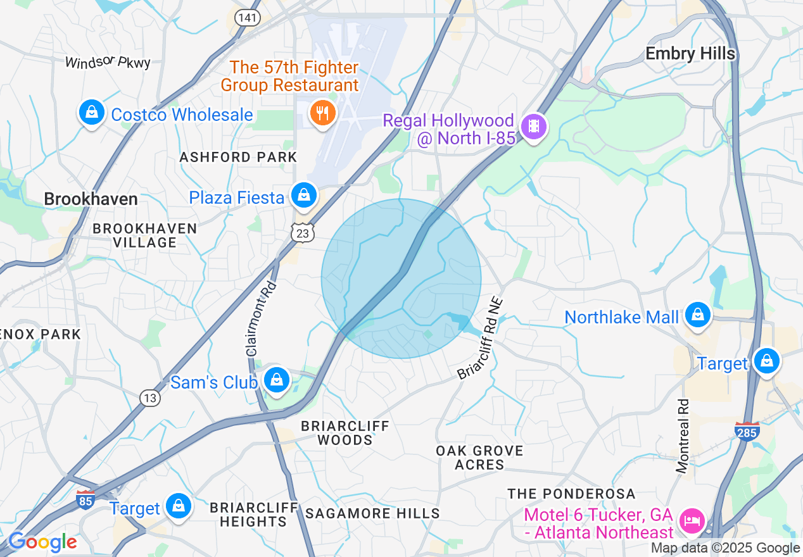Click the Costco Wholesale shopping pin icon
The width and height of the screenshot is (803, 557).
coord(92,113)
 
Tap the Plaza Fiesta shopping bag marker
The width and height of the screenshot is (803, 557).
coord(304,195)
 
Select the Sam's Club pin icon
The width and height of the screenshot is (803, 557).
coord(277,380)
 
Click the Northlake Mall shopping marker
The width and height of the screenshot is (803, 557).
coord(697,314)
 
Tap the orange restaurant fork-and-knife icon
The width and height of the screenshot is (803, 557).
coord(323,113)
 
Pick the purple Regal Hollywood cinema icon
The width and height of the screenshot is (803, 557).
coord(534,126)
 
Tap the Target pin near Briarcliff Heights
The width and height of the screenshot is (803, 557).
coord(179,506)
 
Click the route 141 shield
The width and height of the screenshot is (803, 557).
coord(247,17)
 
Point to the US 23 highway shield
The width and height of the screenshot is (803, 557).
coord(303,234)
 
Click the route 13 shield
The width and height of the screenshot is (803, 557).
coord(150,397)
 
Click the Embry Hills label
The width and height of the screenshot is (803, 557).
coord(690,54)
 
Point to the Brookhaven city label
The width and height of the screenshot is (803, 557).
coord(91,199)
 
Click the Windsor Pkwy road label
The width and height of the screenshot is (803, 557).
coord(108,62)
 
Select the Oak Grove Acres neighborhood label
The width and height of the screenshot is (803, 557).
coord(479,458)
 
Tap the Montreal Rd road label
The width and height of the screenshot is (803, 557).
coord(682,435)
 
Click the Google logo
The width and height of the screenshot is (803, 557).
coord(42,542)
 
